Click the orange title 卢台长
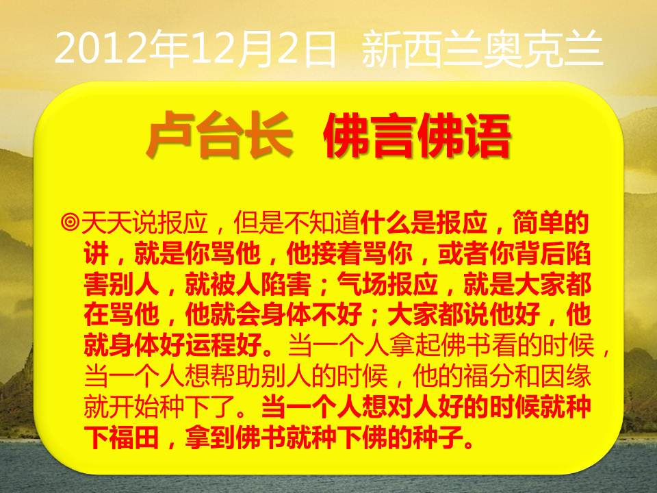[219, 135]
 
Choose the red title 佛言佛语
[417, 136]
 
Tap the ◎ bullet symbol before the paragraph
[70, 222]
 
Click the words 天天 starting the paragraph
[107, 222]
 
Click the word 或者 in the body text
[463, 253]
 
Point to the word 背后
[539, 253]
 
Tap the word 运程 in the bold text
[211, 345]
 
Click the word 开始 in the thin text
[134, 406]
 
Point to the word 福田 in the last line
[134, 437]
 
